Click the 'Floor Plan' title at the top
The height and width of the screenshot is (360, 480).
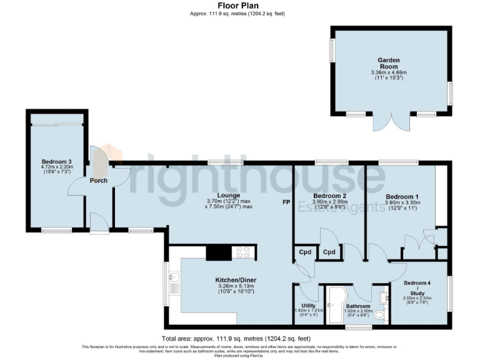(239, 5)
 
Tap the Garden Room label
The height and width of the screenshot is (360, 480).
(388, 61)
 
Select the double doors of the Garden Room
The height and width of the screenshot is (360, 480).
(392, 122)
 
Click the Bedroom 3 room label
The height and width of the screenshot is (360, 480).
(57, 161)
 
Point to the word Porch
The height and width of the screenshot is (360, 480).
(99, 181)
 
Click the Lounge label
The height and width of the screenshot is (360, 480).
(229, 195)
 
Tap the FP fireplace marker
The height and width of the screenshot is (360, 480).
(286, 202)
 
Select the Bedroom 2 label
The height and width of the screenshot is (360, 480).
(329, 196)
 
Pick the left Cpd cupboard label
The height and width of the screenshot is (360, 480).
(305, 252)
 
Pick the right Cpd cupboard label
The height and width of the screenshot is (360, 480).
(329, 252)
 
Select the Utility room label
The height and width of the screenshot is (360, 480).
(309, 306)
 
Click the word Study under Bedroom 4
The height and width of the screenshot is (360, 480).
(417, 292)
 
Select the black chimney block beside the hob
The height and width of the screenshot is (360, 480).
(218, 252)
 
